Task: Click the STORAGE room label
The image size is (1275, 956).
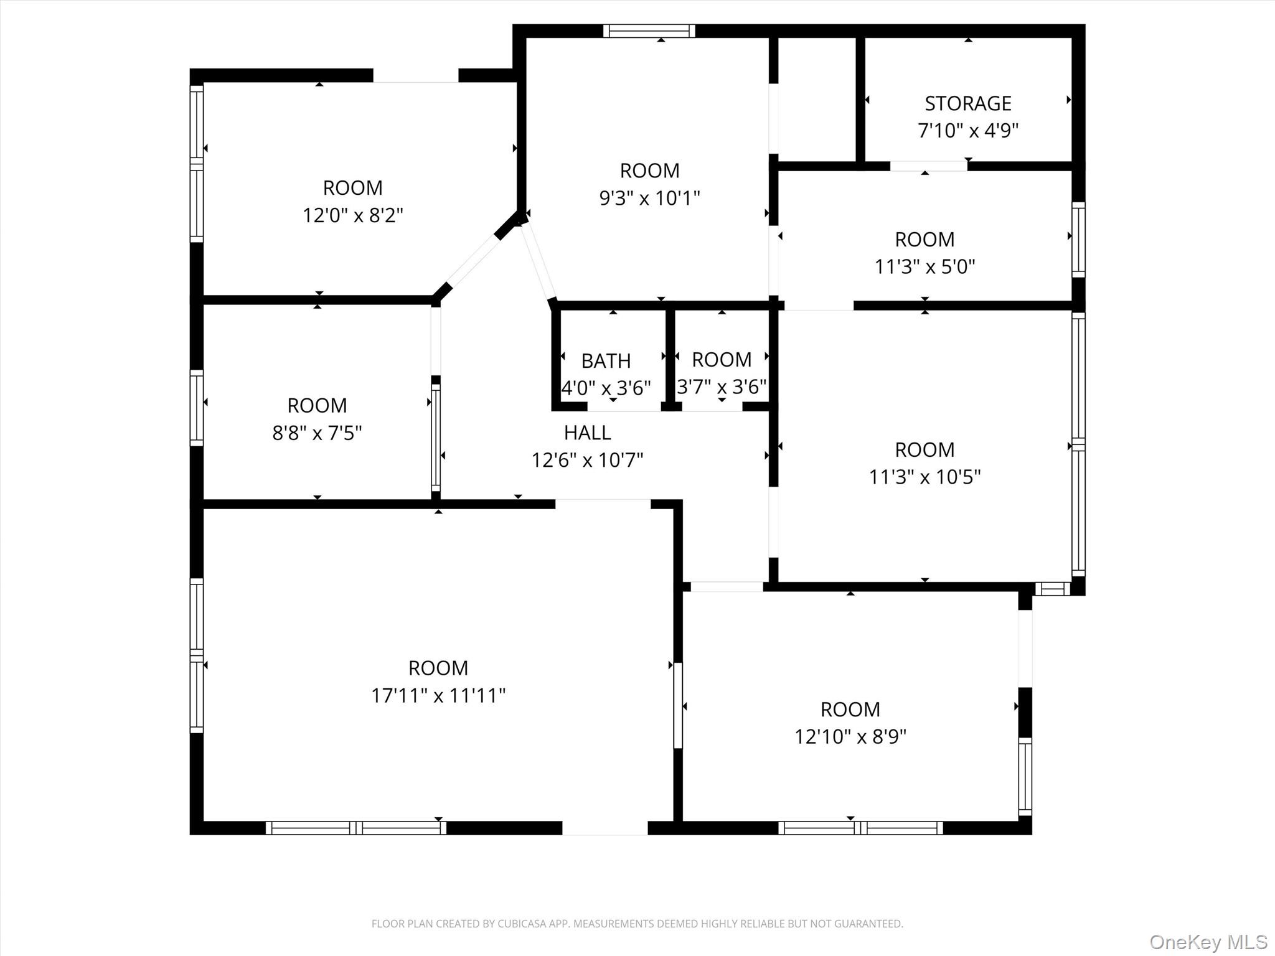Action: [967, 103]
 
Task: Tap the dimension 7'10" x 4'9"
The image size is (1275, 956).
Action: [967, 131]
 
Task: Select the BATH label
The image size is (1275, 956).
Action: [606, 361]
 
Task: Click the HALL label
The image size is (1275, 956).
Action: [587, 433]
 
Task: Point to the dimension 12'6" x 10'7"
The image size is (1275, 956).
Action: [587, 461]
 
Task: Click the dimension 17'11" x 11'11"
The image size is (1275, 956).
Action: [438, 695]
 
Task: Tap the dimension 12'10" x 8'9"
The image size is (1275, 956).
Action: [850, 737]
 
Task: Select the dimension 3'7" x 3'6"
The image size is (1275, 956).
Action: [722, 387]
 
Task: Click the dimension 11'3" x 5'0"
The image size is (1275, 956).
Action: [924, 267]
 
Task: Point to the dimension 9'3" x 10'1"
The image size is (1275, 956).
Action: [649, 199]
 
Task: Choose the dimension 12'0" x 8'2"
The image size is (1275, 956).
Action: [352, 216]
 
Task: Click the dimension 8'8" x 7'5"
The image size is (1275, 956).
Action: [317, 433]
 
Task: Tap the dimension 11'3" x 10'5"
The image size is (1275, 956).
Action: [924, 477]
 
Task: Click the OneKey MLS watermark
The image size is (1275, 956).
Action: [1208, 942]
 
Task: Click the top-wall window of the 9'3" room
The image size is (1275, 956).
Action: [649, 31]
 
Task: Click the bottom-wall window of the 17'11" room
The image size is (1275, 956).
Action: [355, 828]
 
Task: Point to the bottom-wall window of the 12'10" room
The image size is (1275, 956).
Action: [860, 828]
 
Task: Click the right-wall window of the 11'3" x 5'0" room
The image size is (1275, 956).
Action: [1078, 240]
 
